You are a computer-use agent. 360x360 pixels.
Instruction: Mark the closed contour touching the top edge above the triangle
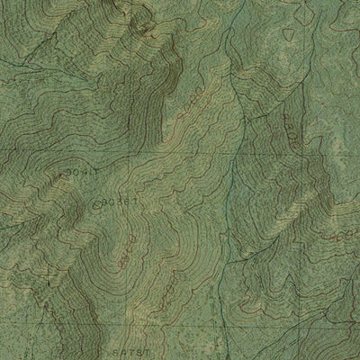[x=286, y=4]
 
